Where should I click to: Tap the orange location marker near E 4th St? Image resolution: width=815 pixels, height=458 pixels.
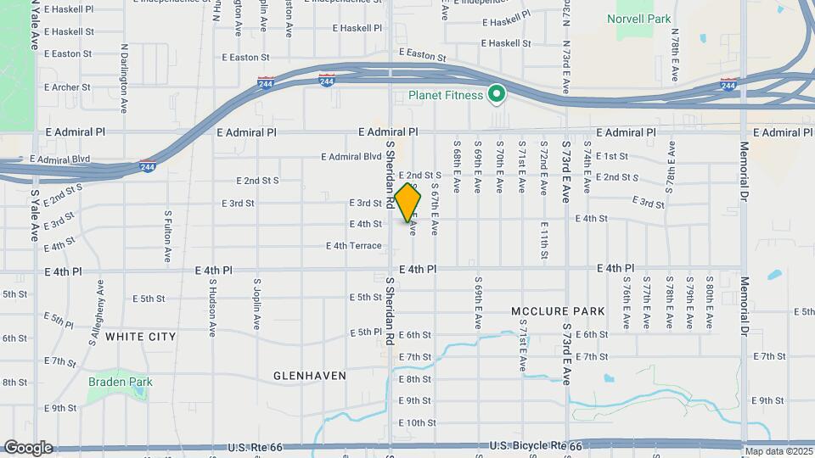pos(408,202)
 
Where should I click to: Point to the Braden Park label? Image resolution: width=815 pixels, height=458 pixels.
pos(120,382)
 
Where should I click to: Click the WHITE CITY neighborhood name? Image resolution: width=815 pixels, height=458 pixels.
pos(141,337)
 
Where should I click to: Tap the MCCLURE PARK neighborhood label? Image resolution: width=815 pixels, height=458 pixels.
pos(559,311)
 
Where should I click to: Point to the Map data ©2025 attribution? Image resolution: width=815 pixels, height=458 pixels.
pos(779,451)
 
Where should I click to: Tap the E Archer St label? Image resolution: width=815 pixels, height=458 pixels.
pos(66,87)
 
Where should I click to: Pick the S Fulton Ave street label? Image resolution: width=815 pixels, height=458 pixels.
pos(168,237)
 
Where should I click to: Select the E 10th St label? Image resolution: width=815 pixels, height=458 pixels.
pos(417,422)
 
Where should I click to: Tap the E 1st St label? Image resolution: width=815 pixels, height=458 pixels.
pos(611,156)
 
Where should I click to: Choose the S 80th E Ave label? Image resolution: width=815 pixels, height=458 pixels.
pos(709,303)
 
